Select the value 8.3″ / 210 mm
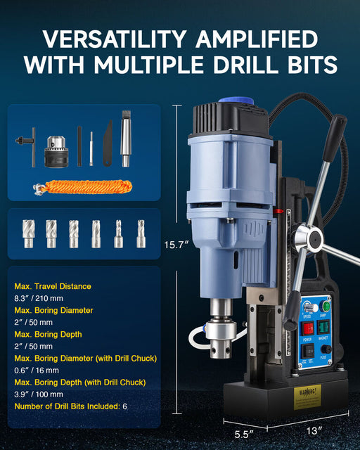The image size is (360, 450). [39, 297]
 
